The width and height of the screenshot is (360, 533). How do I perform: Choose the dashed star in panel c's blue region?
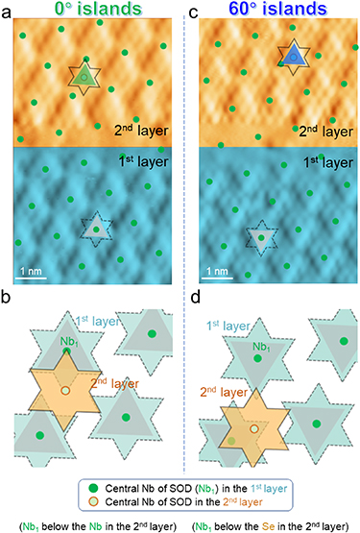(259, 236)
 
